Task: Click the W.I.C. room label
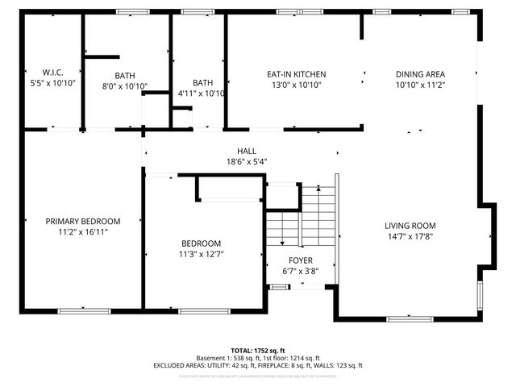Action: point(52,72)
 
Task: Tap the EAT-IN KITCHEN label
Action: point(296,73)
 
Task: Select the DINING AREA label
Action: point(420,73)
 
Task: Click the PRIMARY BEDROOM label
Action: point(82,222)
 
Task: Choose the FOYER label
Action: point(300,260)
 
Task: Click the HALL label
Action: point(247,151)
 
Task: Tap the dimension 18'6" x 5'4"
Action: point(247,161)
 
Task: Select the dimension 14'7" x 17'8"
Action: point(410,236)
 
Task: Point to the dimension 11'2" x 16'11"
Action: point(82,232)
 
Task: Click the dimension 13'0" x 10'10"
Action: point(296,84)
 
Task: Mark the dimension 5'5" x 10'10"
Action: point(52,82)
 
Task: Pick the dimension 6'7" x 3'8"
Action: point(300,271)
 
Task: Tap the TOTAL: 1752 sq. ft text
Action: point(257,351)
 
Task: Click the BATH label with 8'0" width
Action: point(125,76)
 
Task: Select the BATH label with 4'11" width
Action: point(202,82)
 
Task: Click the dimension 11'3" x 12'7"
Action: point(201,254)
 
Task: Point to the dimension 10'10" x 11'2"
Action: point(420,84)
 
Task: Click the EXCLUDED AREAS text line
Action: point(257,365)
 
